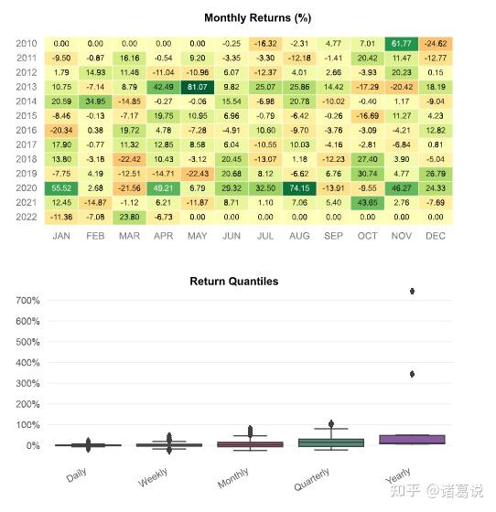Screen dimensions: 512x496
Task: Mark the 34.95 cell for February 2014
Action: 96,101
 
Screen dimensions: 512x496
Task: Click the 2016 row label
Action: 27,130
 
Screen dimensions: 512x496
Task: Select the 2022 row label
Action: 27,217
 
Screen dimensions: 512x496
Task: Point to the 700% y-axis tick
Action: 24,301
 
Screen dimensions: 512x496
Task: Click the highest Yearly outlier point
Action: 413,291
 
